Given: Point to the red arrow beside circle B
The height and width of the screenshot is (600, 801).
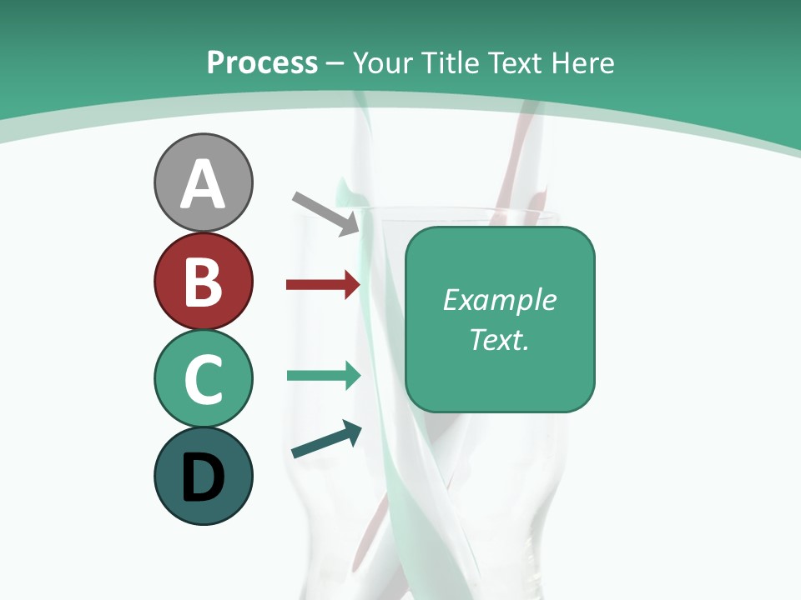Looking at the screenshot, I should click(323, 285).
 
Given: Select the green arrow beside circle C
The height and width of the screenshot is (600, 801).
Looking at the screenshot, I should click(323, 375).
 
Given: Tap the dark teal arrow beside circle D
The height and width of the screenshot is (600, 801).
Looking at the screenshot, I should click(326, 440).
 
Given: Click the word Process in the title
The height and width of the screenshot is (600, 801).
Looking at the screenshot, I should click(262, 62).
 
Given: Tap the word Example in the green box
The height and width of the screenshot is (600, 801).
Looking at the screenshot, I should click(499, 300).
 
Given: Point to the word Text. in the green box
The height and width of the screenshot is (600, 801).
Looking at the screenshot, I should click(499, 339).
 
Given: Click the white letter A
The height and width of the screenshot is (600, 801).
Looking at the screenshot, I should click(203, 183).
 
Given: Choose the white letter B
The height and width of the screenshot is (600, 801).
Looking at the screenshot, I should click(203, 282).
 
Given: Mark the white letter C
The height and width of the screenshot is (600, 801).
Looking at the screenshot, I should click(203, 379).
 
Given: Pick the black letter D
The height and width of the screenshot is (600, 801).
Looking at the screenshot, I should click(203, 477).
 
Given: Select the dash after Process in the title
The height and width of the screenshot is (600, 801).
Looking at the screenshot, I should click(335, 64).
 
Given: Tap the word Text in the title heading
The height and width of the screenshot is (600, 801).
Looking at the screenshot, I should click(512, 62).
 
